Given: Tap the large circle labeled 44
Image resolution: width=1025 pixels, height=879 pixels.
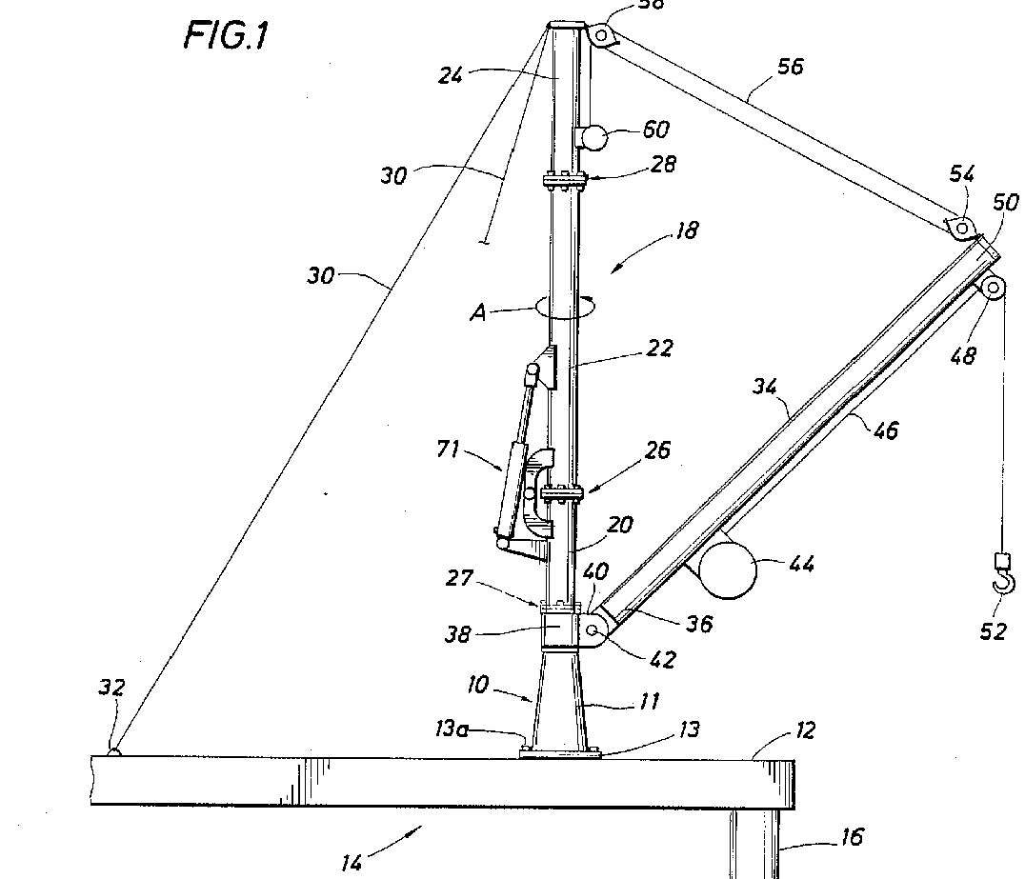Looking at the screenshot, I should click(x=728, y=569).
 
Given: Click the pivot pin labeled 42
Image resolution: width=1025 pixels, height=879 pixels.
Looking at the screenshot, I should click(x=594, y=630).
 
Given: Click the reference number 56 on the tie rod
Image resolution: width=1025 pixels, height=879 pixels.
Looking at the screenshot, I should click(x=790, y=66).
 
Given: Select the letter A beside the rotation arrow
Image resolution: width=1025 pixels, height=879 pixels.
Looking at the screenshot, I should click(x=479, y=312).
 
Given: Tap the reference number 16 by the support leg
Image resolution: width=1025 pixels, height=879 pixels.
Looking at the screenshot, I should click(x=852, y=837).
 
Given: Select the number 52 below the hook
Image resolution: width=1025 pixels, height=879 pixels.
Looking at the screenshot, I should click(x=994, y=630).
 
